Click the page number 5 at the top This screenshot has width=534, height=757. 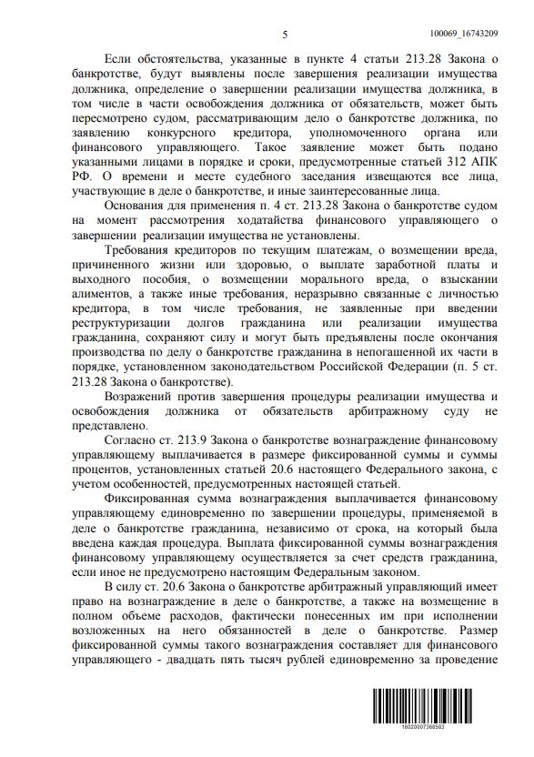tap(285, 35)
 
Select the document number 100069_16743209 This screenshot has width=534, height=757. tap(471, 34)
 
